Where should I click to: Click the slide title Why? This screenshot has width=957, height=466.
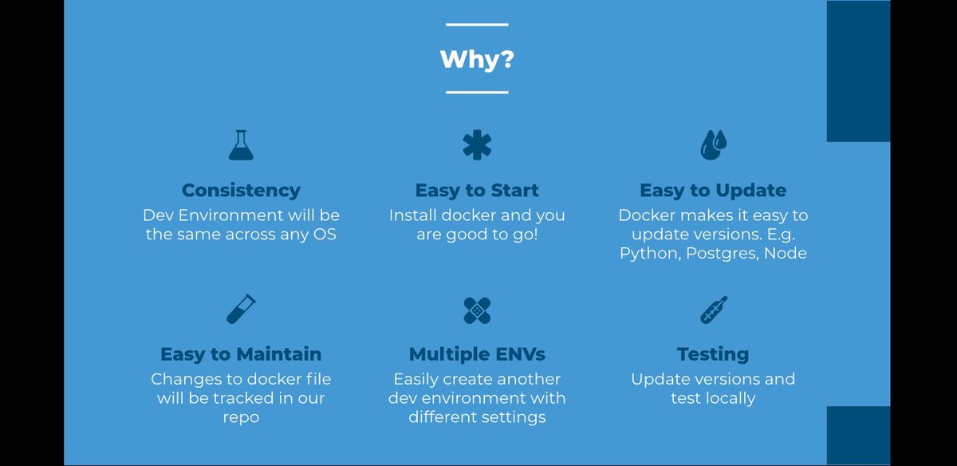click(477, 60)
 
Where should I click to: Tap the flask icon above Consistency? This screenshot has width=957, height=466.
click(241, 145)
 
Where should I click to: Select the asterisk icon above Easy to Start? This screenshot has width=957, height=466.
click(477, 145)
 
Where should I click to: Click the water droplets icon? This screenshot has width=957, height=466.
click(714, 145)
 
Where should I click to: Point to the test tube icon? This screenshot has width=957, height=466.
click(241, 309)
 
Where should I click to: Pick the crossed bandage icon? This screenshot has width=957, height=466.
click(477, 310)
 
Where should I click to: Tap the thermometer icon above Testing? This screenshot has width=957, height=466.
click(714, 310)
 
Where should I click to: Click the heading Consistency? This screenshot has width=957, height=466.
click(241, 191)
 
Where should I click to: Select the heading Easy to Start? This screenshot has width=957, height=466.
click(477, 190)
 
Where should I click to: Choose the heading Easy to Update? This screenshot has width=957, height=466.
click(713, 190)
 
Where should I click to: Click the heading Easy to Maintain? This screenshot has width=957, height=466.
click(241, 354)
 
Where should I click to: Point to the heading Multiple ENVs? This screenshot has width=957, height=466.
click(477, 354)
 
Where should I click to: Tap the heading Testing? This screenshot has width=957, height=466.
click(713, 354)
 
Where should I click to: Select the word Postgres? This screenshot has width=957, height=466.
click(723, 254)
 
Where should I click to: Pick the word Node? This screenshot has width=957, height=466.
click(786, 253)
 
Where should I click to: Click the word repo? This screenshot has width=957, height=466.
click(241, 417)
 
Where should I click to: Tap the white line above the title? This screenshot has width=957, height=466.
click(477, 25)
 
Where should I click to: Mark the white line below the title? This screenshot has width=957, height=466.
click(477, 93)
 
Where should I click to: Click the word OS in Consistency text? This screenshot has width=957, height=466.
click(325, 235)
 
